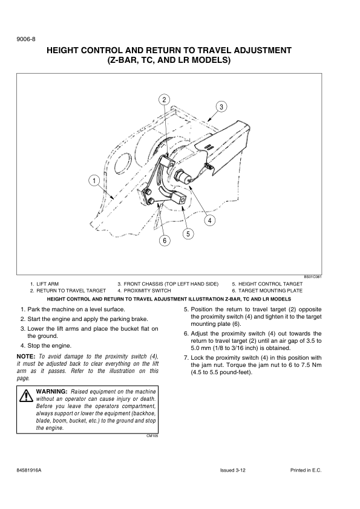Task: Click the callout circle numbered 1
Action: [x=94, y=181]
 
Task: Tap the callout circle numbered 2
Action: [x=165, y=100]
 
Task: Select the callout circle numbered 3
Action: [x=221, y=107]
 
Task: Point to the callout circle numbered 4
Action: [x=210, y=221]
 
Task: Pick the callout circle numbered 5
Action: [x=188, y=234]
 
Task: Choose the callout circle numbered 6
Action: [x=165, y=241]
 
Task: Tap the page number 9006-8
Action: [x=25, y=39]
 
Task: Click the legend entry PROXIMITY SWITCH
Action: [x=144, y=291]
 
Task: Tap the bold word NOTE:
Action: [x=25, y=357]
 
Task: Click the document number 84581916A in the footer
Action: [x=29, y=470]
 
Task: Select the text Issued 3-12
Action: [x=232, y=470]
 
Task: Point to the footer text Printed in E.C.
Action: [x=306, y=470]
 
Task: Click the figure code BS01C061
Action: [x=313, y=277]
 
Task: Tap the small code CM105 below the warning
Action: [x=152, y=436]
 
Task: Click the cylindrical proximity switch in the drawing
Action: [x=183, y=177]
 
